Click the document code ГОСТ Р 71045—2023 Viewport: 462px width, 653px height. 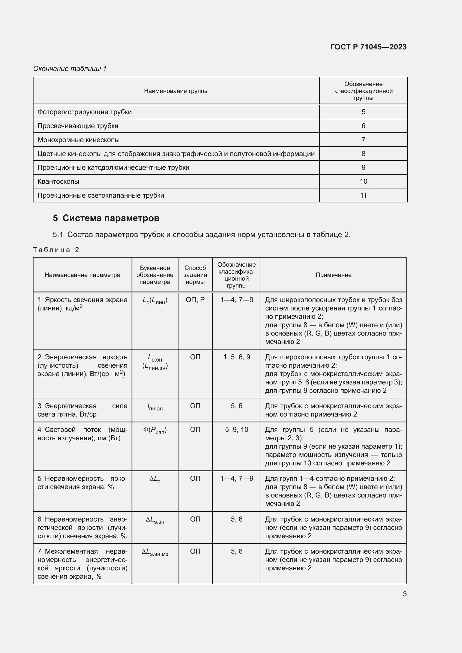[x=368, y=47]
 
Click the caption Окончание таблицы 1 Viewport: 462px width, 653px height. [x=70, y=69]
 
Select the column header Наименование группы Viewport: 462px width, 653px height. [x=176, y=91]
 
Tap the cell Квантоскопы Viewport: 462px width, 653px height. [x=58, y=181]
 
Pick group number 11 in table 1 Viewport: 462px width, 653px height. [x=363, y=195]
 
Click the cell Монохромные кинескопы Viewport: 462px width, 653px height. [x=78, y=140]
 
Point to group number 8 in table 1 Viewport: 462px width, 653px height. [x=363, y=154]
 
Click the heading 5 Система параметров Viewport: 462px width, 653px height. [x=106, y=218]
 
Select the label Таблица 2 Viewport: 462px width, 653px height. [x=56, y=250]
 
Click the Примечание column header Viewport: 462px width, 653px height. [x=334, y=275]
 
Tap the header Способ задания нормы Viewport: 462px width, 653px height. [x=195, y=275]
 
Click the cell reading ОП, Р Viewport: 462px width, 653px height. [x=195, y=300]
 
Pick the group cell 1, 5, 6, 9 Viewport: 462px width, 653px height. [x=236, y=357]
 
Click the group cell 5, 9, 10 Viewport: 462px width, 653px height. [x=236, y=429]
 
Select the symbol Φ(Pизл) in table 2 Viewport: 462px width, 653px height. [x=155, y=430]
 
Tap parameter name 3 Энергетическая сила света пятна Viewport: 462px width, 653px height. [x=82, y=410]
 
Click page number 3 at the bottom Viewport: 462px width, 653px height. [x=404, y=594]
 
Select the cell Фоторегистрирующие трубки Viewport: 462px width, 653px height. [x=84, y=112]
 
